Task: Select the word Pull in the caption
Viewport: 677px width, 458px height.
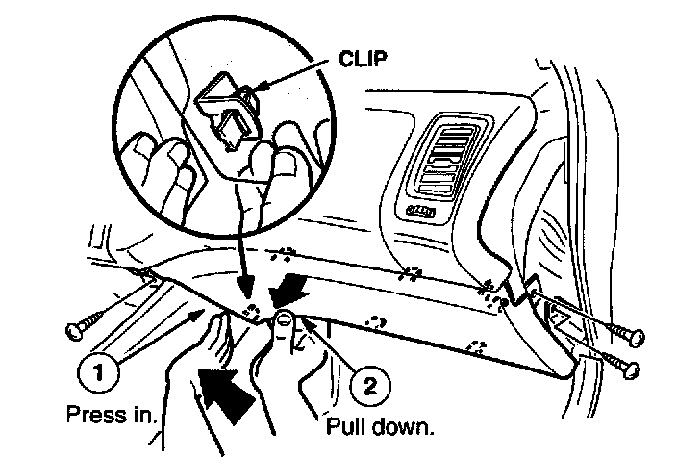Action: (x=350, y=425)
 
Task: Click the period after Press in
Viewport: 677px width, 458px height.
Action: (x=160, y=421)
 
